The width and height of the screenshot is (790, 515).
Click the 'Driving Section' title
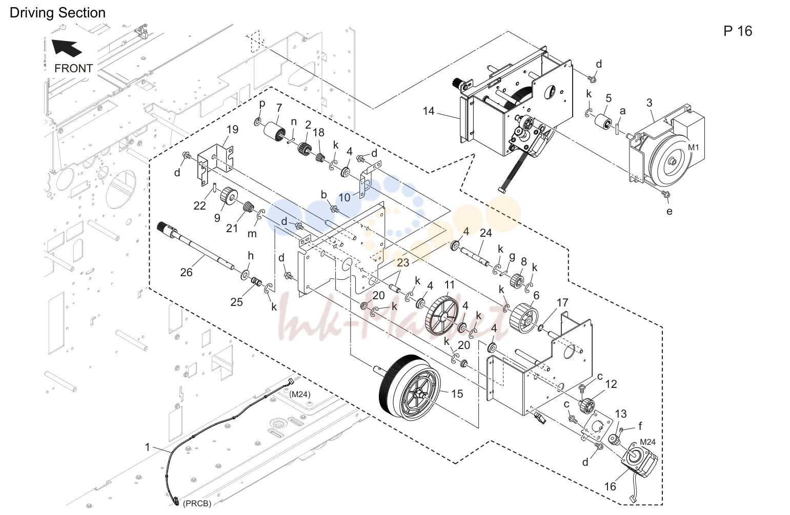point(57,13)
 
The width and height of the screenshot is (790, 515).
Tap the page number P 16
point(737,31)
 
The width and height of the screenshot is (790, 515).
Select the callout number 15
point(457,394)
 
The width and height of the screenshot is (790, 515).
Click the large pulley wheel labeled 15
point(409,388)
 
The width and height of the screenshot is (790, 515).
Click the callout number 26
point(186,272)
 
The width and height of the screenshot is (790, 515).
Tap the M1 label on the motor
point(694,148)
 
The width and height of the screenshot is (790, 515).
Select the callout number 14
point(429,111)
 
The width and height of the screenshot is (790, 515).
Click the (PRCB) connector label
point(197,504)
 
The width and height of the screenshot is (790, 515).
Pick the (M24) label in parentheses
point(300,395)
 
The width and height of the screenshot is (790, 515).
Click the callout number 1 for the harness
point(148,447)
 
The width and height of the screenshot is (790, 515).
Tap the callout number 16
point(610,486)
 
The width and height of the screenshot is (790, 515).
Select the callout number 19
point(232,129)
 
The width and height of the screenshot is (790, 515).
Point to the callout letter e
point(669,211)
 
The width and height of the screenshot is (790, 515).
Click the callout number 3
point(650,103)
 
